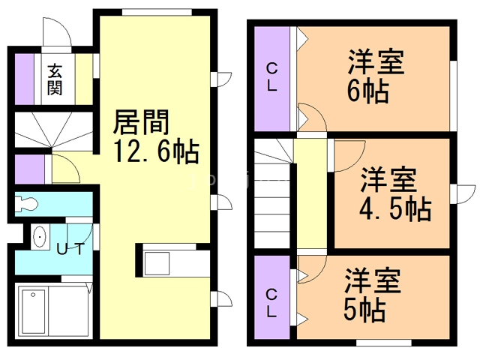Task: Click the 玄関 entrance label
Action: pos(55,79)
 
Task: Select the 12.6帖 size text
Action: pos(157,152)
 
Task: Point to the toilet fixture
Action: pos(28,203)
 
